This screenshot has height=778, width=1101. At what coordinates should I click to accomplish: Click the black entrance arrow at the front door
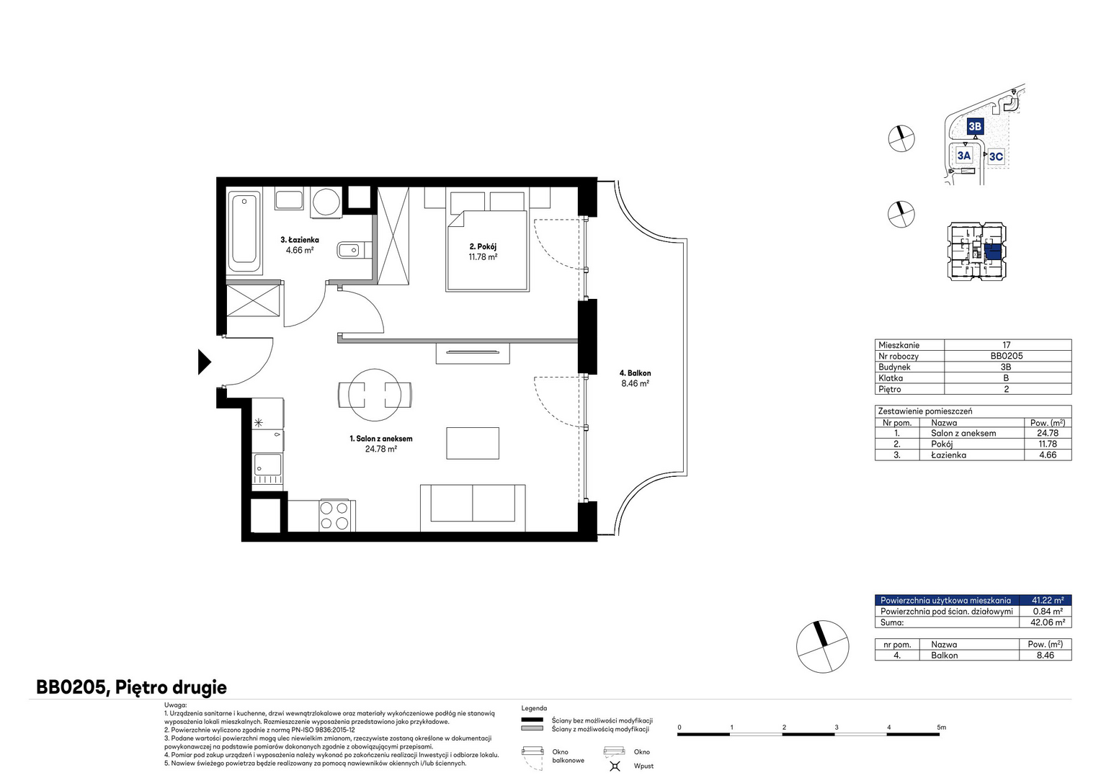tap(204, 362)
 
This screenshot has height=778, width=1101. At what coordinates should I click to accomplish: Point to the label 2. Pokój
tap(483, 246)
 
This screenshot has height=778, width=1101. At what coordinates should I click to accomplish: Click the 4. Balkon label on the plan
tap(635, 373)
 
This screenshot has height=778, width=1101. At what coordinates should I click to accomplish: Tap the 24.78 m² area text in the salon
tap(381, 449)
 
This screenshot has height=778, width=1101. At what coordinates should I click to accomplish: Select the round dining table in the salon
tap(375, 395)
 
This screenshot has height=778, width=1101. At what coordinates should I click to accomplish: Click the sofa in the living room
tap(473, 508)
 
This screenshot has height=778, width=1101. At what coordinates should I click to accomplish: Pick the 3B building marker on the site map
tap(975, 126)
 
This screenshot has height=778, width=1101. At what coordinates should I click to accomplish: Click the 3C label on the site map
tap(996, 156)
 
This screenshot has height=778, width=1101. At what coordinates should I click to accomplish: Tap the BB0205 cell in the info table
tap(1006, 356)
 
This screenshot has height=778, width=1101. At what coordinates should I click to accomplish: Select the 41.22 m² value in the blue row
tap(1048, 600)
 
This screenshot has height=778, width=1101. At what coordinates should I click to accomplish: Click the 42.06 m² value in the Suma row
tap(1048, 622)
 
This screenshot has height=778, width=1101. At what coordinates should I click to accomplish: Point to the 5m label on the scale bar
tap(941, 727)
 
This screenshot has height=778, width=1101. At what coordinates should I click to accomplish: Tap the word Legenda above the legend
tap(534, 708)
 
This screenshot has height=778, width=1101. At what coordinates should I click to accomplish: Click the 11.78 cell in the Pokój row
tap(1048, 444)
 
